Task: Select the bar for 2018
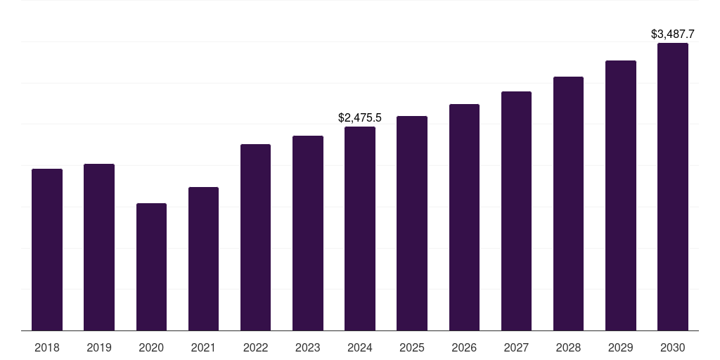(47, 250)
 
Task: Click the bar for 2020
(151, 267)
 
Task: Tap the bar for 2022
(255, 238)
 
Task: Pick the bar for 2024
(360, 229)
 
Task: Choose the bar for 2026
(464, 217)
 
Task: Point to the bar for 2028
(568, 204)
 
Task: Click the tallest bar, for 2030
(672, 187)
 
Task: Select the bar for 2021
(203, 259)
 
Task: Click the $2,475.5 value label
(360, 117)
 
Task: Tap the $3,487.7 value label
(673, 34)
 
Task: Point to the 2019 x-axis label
(99, 347)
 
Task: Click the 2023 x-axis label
(307, 347)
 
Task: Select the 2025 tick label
(412, 347)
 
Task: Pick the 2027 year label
(516, 347)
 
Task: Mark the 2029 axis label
(620, 347)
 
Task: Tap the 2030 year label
(672, 347)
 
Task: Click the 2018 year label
(47, 347)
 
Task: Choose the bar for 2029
(620, 195)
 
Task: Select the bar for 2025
(412, 224)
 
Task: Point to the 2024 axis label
(360, 347)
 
